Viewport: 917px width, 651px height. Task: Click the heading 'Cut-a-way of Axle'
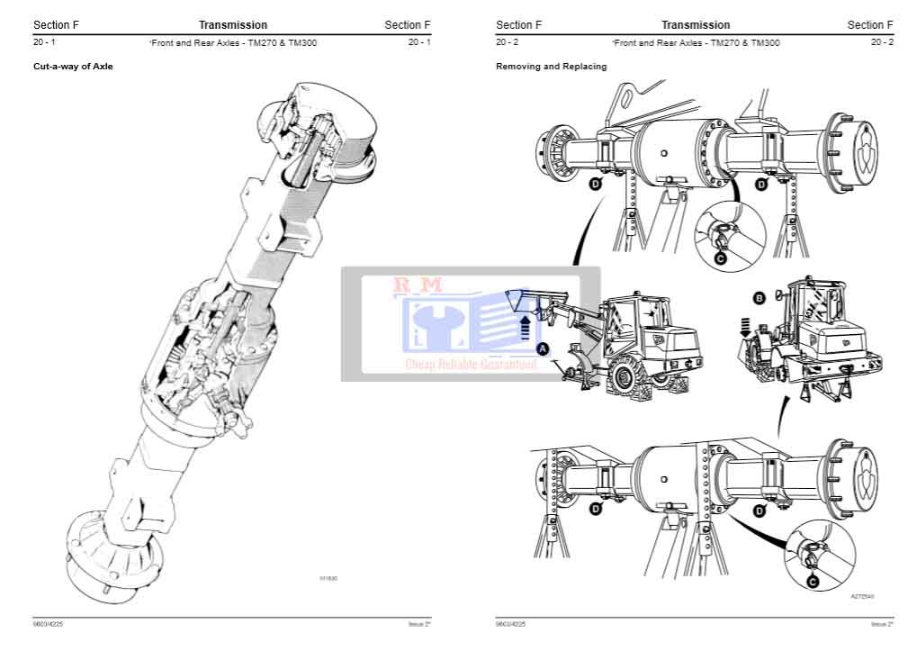click(73, 66)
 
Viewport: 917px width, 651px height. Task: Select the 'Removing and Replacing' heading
click(551, 66)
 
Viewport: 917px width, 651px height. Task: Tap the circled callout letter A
click(543, 348)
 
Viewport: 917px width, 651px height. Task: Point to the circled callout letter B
click(759, 297)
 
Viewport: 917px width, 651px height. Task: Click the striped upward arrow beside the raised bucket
click(526, 326)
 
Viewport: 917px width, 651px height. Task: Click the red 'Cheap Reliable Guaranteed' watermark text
click(471, 365)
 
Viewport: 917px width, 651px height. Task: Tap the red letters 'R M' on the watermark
click(418, 285)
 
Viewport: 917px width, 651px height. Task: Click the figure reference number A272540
click(861, 596)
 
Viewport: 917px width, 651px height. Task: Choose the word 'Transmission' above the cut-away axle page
click(233, 25)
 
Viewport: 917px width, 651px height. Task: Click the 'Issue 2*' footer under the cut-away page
click(418, 624)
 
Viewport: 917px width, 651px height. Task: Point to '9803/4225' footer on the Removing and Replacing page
click(510, 624)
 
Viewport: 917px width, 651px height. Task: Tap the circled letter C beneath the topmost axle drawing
click(720, 258)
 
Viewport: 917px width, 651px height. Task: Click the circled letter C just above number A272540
click(812, 583)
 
